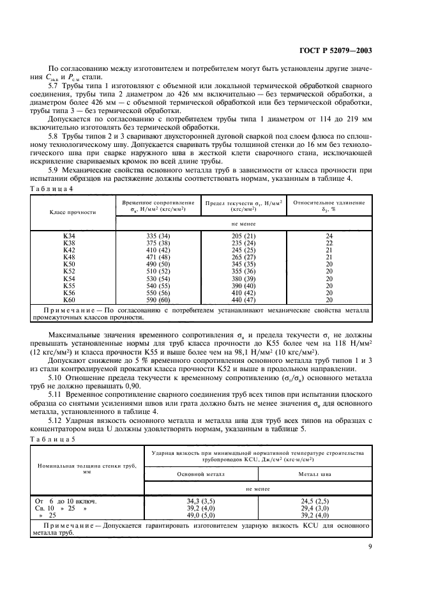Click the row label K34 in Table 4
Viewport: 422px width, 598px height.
pos(69,236)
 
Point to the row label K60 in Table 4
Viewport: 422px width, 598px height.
pos(69,300)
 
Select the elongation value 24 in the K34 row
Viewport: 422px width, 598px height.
pos(329,236)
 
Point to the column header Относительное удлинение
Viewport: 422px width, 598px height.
pos(329,203)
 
